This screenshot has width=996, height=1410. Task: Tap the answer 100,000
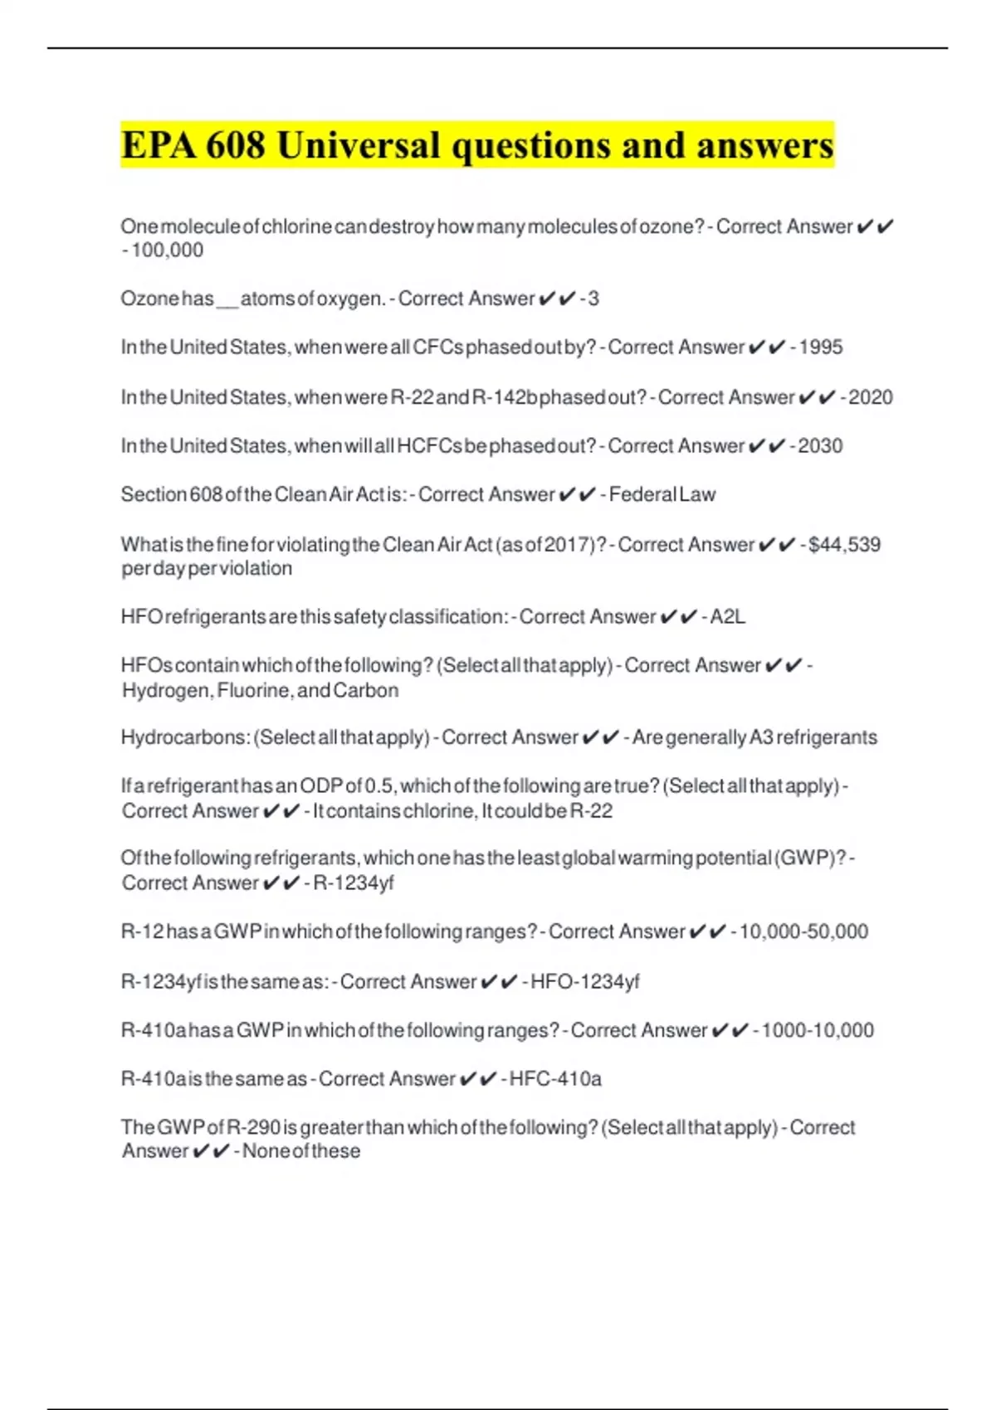[x=167, y=250]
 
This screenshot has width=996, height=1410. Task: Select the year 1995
[x=821, y=348]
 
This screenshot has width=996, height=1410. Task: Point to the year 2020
[x=871, y=398]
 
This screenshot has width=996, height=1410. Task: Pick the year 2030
[x=820, y=446]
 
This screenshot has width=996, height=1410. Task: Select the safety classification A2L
[x=728, y=617]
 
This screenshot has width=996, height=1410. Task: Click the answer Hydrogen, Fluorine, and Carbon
[x=260, y=691]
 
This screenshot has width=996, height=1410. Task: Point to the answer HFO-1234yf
[x=585, y=982]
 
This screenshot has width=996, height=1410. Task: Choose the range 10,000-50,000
[x=803, y=932]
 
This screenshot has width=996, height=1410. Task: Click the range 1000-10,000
[x=818, y=1031]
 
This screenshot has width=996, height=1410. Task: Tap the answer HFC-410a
[x=555, y=1079]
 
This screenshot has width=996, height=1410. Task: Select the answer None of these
[x=301, y=1151]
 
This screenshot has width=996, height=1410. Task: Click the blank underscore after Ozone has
[x=227, y=300]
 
